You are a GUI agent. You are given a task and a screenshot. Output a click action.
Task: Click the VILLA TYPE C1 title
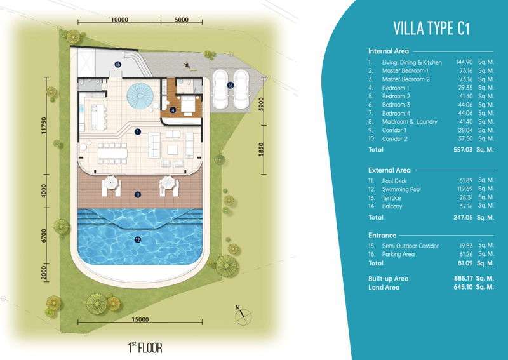[x=431, y=28]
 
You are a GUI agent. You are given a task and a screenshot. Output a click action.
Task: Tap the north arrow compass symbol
[x=243, y=316]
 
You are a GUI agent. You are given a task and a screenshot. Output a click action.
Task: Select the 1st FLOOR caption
[x=145, y=347]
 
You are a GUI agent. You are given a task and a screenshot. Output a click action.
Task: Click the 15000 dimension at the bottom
[x=140, y=319]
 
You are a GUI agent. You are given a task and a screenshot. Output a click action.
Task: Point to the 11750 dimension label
[x=44, y=127]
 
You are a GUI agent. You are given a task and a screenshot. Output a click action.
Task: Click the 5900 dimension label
[x=261, y=103]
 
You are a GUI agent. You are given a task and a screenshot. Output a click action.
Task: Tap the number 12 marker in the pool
[x=138, y=240]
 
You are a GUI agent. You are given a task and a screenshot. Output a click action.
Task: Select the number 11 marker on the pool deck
[x=138, y=195]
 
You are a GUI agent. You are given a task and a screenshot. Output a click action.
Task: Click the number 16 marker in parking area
[x=231, y=86]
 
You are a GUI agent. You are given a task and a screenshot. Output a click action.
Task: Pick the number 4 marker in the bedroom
[x=173, y=110]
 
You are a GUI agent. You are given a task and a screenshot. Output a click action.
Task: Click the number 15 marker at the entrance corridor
[x=117, y=65]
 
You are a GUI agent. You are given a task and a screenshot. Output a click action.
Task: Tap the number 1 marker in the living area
[x=138, y=131]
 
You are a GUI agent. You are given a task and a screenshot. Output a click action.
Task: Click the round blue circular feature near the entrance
[x=140, y=96]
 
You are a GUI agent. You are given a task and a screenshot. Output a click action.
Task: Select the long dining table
[x=112, y=153]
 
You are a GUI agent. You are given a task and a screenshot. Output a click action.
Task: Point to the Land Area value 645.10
[x=463, y=287]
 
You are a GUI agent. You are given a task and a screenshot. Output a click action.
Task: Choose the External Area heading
[x=389, y=170]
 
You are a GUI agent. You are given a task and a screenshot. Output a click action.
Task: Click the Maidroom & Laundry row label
[x=410, y=122]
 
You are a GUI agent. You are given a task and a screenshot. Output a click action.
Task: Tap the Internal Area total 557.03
[x=463, y=150]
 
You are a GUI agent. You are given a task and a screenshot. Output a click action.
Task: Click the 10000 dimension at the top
[x=119, y=20]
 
